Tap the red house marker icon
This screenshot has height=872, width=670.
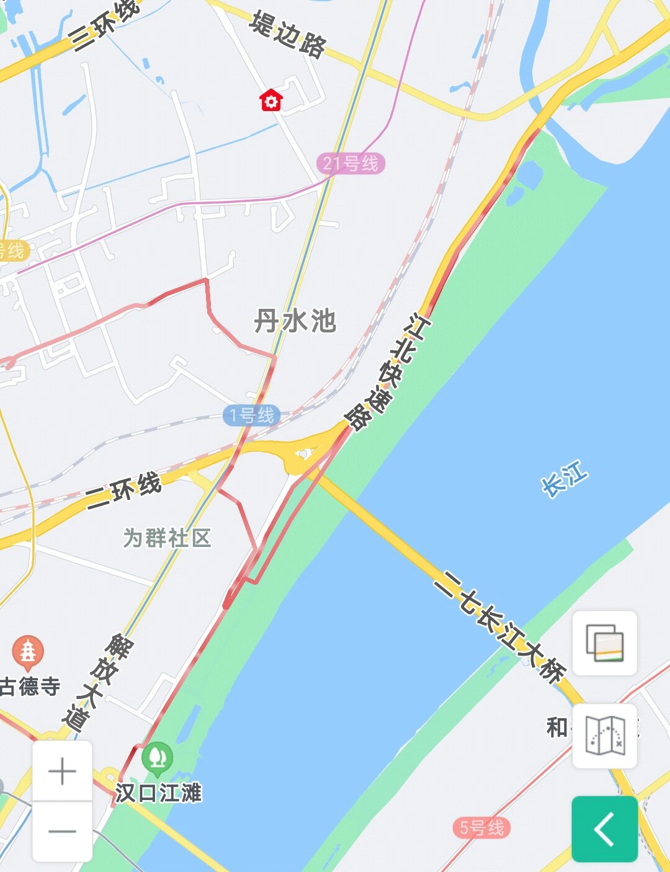(271, 100)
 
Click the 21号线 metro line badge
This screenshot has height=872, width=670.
(351, 164)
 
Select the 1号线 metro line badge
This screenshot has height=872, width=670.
(251, 415)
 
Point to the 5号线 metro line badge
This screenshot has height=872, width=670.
(481, 827)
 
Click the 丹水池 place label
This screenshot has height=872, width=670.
(295, 321)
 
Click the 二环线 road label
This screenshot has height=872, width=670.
(124, 490)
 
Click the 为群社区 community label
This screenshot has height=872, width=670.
(167, 538)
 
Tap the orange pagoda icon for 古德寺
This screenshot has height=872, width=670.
(28, 652)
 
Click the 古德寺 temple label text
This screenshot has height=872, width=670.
(31, 686)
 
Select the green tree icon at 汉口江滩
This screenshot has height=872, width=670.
(157, 757)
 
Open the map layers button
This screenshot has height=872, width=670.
(604, 643)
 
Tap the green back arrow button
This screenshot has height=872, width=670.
(604, 829)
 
